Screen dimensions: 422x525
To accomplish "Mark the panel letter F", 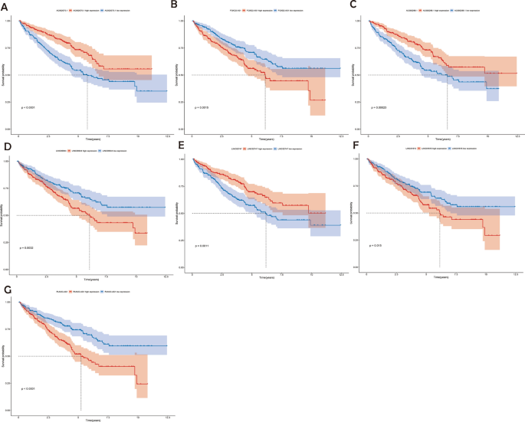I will coord(354,146).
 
